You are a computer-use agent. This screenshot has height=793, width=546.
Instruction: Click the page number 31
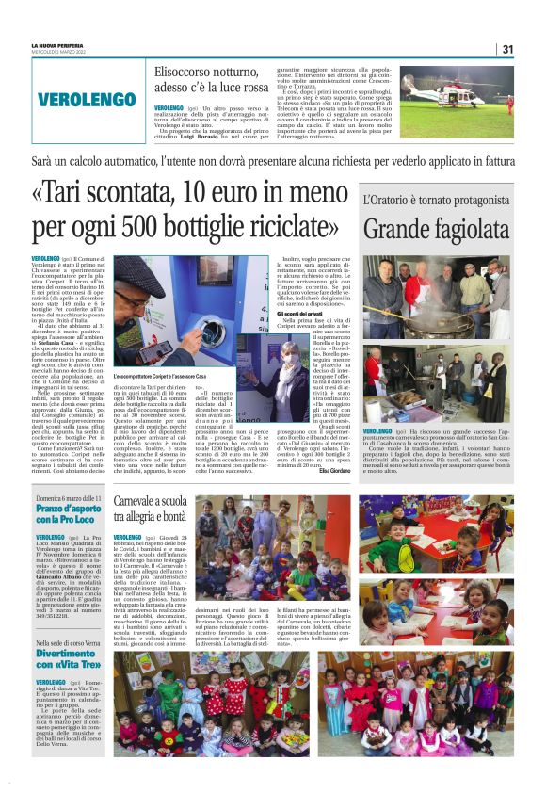point(507,49)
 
